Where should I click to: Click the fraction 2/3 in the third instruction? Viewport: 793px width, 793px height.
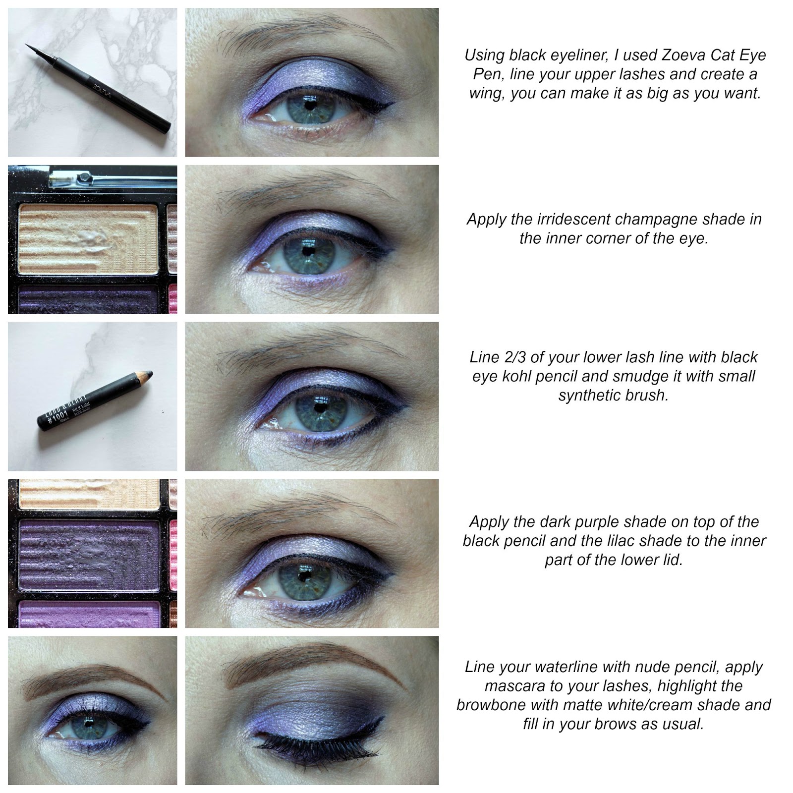click(512, 357)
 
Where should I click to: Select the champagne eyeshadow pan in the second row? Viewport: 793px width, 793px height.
click(88, 239)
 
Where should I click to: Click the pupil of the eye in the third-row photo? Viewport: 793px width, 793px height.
click(319, 409)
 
